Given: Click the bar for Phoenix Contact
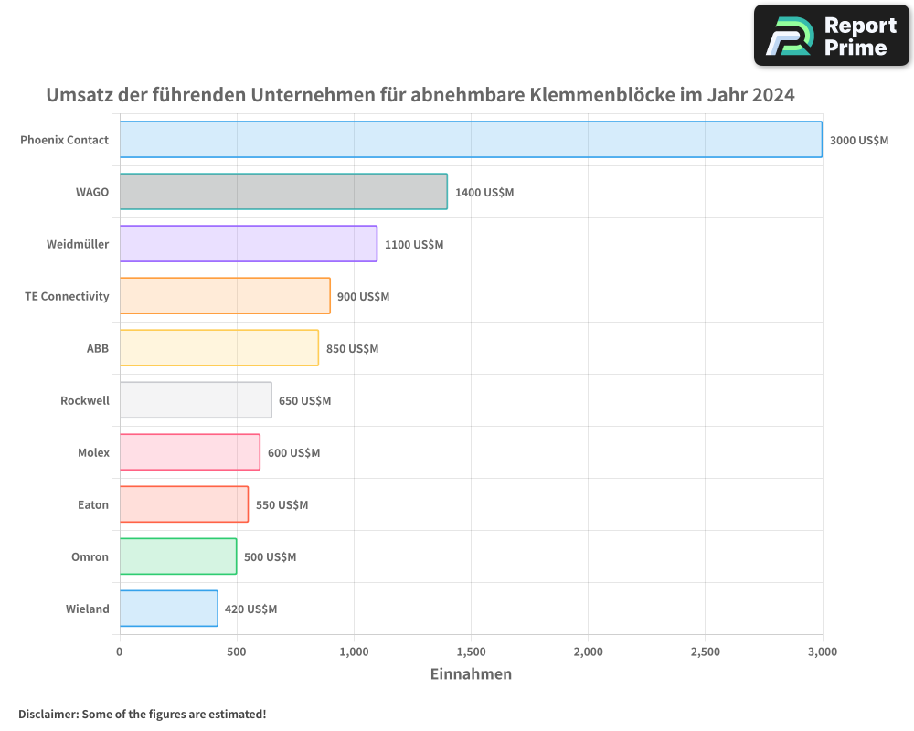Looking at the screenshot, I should pos(471,140).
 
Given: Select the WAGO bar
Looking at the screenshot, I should pos(283,192).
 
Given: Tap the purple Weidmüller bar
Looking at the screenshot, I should pos(248,244).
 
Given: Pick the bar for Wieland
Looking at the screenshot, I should pos(168,609).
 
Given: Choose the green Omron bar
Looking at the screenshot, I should pos(178,556).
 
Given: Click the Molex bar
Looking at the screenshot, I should pos(189,452).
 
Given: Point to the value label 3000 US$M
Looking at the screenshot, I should pos(858,141).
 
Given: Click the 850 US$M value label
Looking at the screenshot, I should pos(352,349).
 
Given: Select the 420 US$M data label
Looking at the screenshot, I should pos(250,609).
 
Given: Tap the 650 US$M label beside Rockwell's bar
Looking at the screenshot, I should pos(304,401).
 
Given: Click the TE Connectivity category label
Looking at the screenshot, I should pos(67,296).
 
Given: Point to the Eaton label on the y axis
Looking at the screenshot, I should pos(92,504).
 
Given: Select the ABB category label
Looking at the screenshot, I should pos(97,348).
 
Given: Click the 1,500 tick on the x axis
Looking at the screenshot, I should pos(471,652).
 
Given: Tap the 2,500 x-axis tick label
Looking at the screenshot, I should pos(706,652).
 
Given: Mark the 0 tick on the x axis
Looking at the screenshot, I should pos(120,652).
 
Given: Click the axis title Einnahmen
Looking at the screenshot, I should pos(471,674).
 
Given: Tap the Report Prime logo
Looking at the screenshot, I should pos(831,36).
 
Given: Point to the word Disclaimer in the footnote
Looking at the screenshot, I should pos(47,714).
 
